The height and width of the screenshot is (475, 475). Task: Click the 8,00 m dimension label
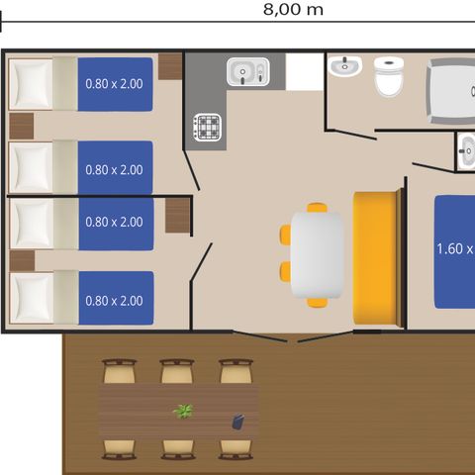pyautogui.click(x=293, y=9)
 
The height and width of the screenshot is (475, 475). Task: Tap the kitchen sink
pyautogui.click(x=248, y=71)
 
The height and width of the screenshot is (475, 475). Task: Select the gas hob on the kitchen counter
pyautogui.click(x=207, y=128)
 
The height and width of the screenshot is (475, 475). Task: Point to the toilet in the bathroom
pyautogui.click(x=389, y=76)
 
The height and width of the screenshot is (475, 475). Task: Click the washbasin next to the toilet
pyautogui.click(x=344, y=65)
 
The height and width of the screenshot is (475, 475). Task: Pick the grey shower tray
pyautogui.click(x=450, y=91)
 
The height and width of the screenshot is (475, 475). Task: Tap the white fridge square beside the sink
pyautogui.click(x=305, y=72)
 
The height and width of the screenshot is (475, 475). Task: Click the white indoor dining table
pyautogui.click(x=317, y=255)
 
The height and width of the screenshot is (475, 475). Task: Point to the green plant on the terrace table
pyautogui.click(x=183, y=411)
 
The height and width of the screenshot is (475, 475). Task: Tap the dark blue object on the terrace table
pyautogui.click(x=237, y=422)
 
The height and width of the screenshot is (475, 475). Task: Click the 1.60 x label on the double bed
pyautogui.click(x=455, y=248)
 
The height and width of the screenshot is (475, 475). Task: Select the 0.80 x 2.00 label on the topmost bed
pyautogui.click(x=114, y=84)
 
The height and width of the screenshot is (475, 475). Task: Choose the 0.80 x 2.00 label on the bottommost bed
pyautogui.click(x=114, y=301)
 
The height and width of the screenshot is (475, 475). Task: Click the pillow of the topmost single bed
pyautogui.click(x=31, y=84)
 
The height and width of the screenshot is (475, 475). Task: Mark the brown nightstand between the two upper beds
pyautogui.click(x=22, y=126)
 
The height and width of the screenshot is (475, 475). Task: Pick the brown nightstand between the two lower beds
pyautogui.click(x=22, y=260)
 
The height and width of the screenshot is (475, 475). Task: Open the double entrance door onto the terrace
pyautogui.click(x=292, y=336)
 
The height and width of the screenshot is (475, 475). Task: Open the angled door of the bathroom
pyautogui.click(x=351, y=135)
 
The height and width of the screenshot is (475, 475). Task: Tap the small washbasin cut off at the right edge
pyautogui.click(x=466, y=151)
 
